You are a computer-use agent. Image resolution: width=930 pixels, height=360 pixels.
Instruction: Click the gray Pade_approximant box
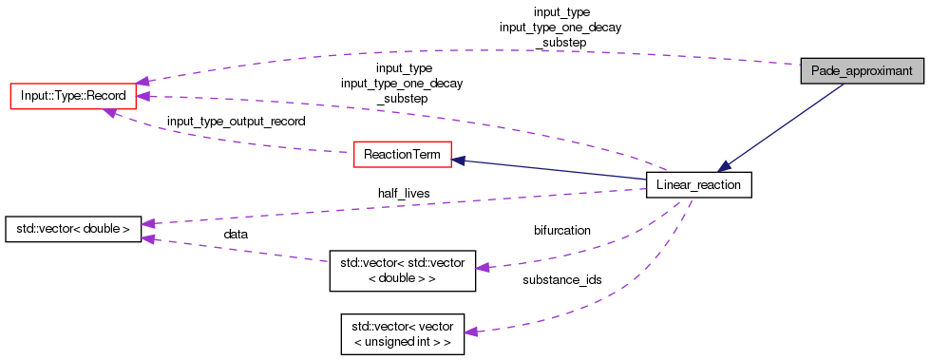[x=862, y=71]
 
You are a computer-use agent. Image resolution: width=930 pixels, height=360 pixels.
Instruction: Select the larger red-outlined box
[x=73, y=96]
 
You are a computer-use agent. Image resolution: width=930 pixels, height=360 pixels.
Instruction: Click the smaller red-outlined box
[x=402, y=154]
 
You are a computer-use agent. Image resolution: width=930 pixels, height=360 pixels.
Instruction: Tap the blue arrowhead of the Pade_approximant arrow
[x=724, y=166]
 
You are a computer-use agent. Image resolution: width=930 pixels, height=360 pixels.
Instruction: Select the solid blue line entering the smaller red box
[x=551, y=169]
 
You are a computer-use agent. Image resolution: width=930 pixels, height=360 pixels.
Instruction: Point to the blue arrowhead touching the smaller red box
[x=458, y=161]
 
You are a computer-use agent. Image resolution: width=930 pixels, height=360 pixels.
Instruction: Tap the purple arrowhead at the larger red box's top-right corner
[x=142, y=81]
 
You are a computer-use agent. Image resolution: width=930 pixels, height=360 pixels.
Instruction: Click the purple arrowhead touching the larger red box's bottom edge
[x=110, y=113]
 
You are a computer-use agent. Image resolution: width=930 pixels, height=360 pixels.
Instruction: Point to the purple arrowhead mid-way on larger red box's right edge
[x=142, y=96]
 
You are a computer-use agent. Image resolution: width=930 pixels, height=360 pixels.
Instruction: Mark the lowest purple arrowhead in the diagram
[x=469, y=332]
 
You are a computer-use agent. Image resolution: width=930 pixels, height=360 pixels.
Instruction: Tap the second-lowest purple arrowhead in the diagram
[x=483, y=268]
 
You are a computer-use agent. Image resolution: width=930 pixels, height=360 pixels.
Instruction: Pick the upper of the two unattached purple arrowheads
[x=147, y=223]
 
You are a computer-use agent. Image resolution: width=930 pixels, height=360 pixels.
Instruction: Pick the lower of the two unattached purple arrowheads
[x=147, y=238]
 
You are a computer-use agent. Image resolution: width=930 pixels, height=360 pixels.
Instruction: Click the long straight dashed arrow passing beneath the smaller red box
[x=399, y=205]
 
